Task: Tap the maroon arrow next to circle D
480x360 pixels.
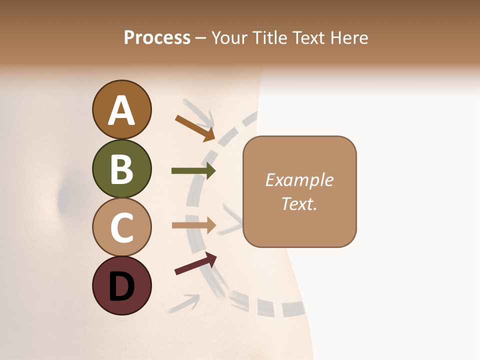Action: click(195, 263)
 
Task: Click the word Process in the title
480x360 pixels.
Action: click(157, 38)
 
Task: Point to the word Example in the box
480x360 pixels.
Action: click(299, 180)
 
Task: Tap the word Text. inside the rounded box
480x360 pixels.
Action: click(299, 204)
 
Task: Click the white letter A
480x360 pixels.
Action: click(122, 110)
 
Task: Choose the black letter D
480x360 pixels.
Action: click(121, 287)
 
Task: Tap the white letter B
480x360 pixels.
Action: click(121, 169)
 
